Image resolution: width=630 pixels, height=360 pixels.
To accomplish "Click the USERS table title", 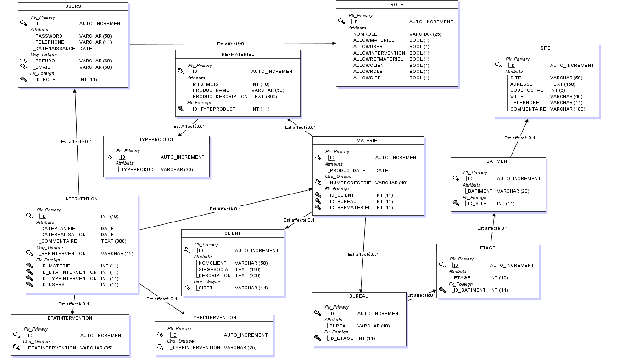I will coord(73,6).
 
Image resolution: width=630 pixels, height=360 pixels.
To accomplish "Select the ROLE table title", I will coord(397,5).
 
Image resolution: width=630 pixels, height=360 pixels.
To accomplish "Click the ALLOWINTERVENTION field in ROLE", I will coord(379,53).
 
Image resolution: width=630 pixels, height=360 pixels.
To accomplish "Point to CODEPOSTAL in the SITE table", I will coord(526,90).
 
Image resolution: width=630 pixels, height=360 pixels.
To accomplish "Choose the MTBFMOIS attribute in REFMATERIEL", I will coord(206,84).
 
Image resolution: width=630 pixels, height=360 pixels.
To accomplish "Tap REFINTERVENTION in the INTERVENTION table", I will coord(63,254).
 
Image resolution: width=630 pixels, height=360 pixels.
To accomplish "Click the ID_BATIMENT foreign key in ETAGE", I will coord(469,290).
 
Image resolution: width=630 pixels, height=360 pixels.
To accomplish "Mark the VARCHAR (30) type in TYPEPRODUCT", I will coord(177,170).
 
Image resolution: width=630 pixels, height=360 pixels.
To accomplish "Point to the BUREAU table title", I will coord(359,296).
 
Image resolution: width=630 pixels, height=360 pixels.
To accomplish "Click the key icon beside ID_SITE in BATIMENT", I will coord(456,203).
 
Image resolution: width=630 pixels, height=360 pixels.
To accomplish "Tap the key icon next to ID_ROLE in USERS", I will coord(24,79).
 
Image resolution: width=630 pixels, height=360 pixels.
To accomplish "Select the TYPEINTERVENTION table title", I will coord(213,318).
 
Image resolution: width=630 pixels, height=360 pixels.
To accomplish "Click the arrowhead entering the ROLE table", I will coord(334,44).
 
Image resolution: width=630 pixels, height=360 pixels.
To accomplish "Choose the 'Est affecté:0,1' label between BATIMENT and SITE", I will coord(519,138).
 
